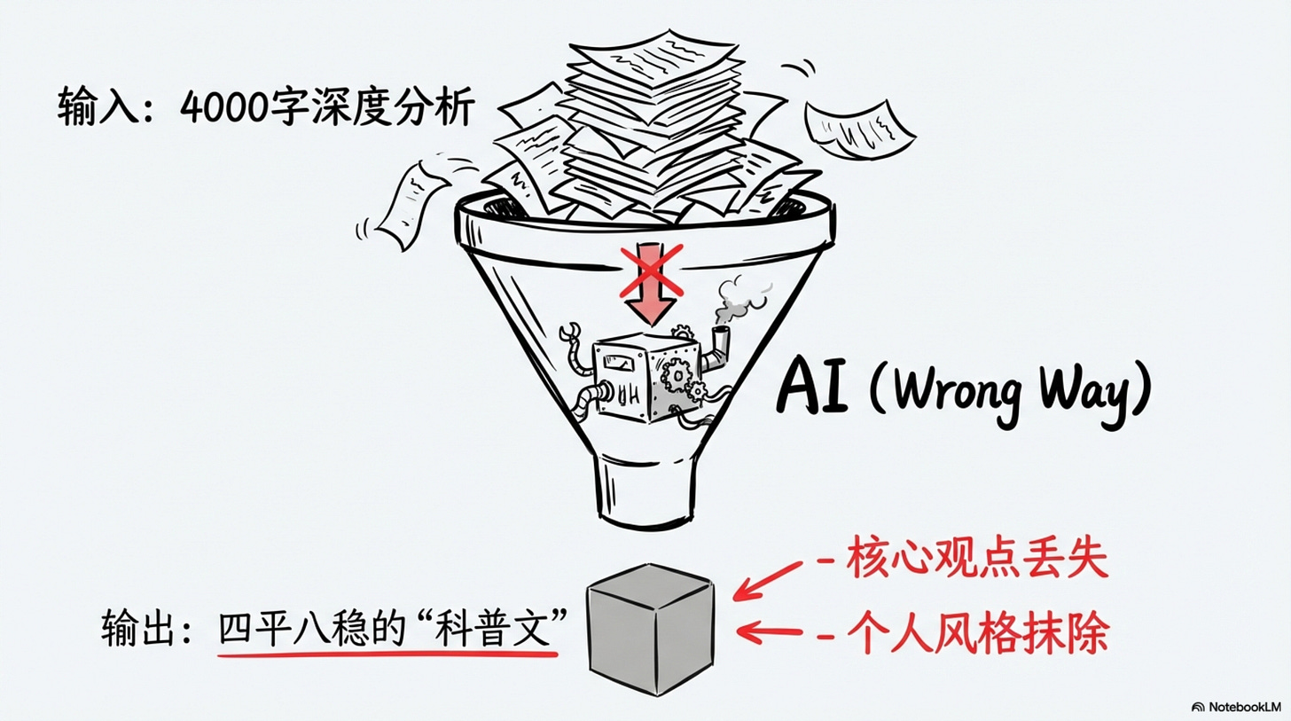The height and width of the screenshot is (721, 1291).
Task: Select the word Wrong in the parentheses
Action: (957, 390)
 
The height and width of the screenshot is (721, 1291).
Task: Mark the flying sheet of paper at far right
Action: (860, 125)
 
